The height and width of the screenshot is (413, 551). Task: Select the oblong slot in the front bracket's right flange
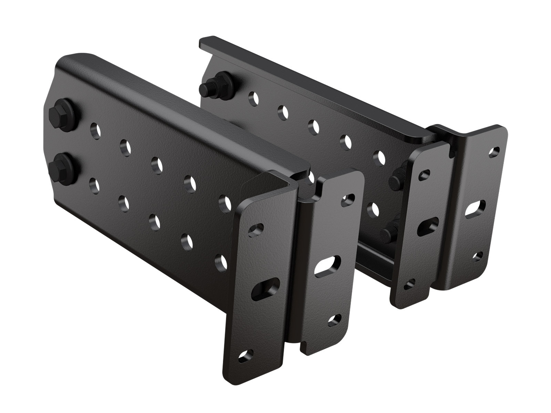(327, 266)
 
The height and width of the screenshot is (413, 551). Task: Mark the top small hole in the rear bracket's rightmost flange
(494, 151)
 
